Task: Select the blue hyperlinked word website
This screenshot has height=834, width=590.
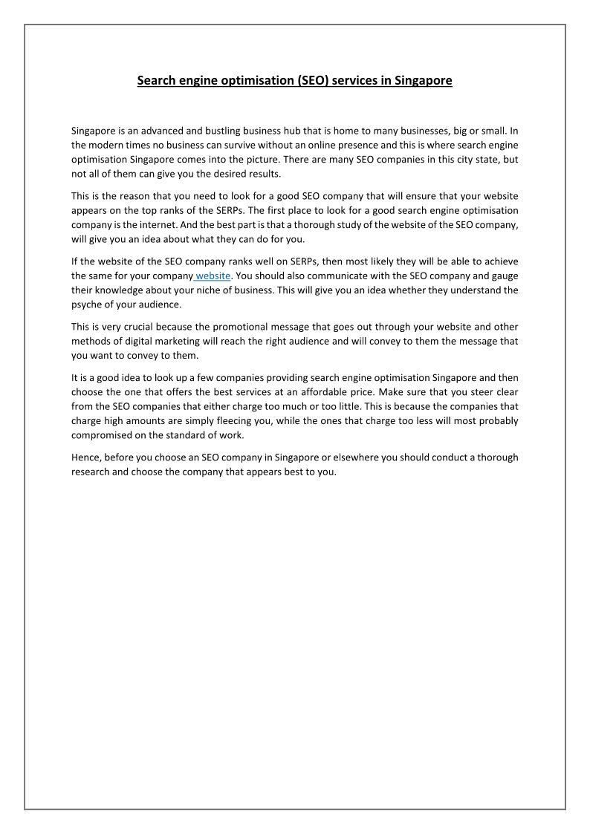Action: [213, 276]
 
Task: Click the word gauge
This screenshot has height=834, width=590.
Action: [505, 276]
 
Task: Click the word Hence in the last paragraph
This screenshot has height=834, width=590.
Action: [86, 457]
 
